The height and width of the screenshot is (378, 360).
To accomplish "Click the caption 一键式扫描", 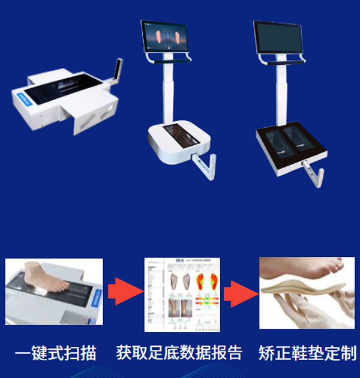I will point(55,353).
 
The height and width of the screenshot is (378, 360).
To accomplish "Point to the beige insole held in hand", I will point(300,287).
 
